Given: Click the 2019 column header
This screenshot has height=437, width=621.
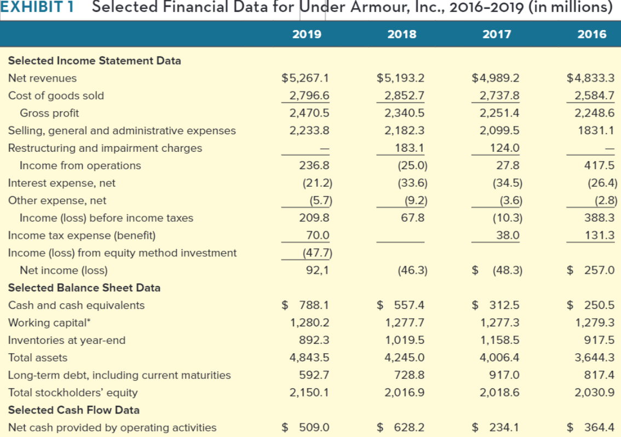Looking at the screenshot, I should (307, 34).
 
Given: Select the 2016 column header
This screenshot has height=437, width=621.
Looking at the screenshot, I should (592, 34).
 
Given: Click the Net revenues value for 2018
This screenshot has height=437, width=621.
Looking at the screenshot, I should (401, 78).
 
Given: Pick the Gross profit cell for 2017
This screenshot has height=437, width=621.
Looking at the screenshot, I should (499, 113).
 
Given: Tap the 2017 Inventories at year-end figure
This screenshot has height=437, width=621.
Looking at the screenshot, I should (499, 340).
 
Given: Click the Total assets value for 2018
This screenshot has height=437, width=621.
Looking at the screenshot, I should (405, 358).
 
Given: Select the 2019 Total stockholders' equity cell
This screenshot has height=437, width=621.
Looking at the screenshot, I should (309, 393).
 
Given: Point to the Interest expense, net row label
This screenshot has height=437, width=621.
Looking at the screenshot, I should (62, 183).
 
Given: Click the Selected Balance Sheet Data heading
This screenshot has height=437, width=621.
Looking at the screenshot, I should (84, 287).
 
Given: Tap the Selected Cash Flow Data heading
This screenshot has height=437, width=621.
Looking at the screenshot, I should (74, 410).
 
